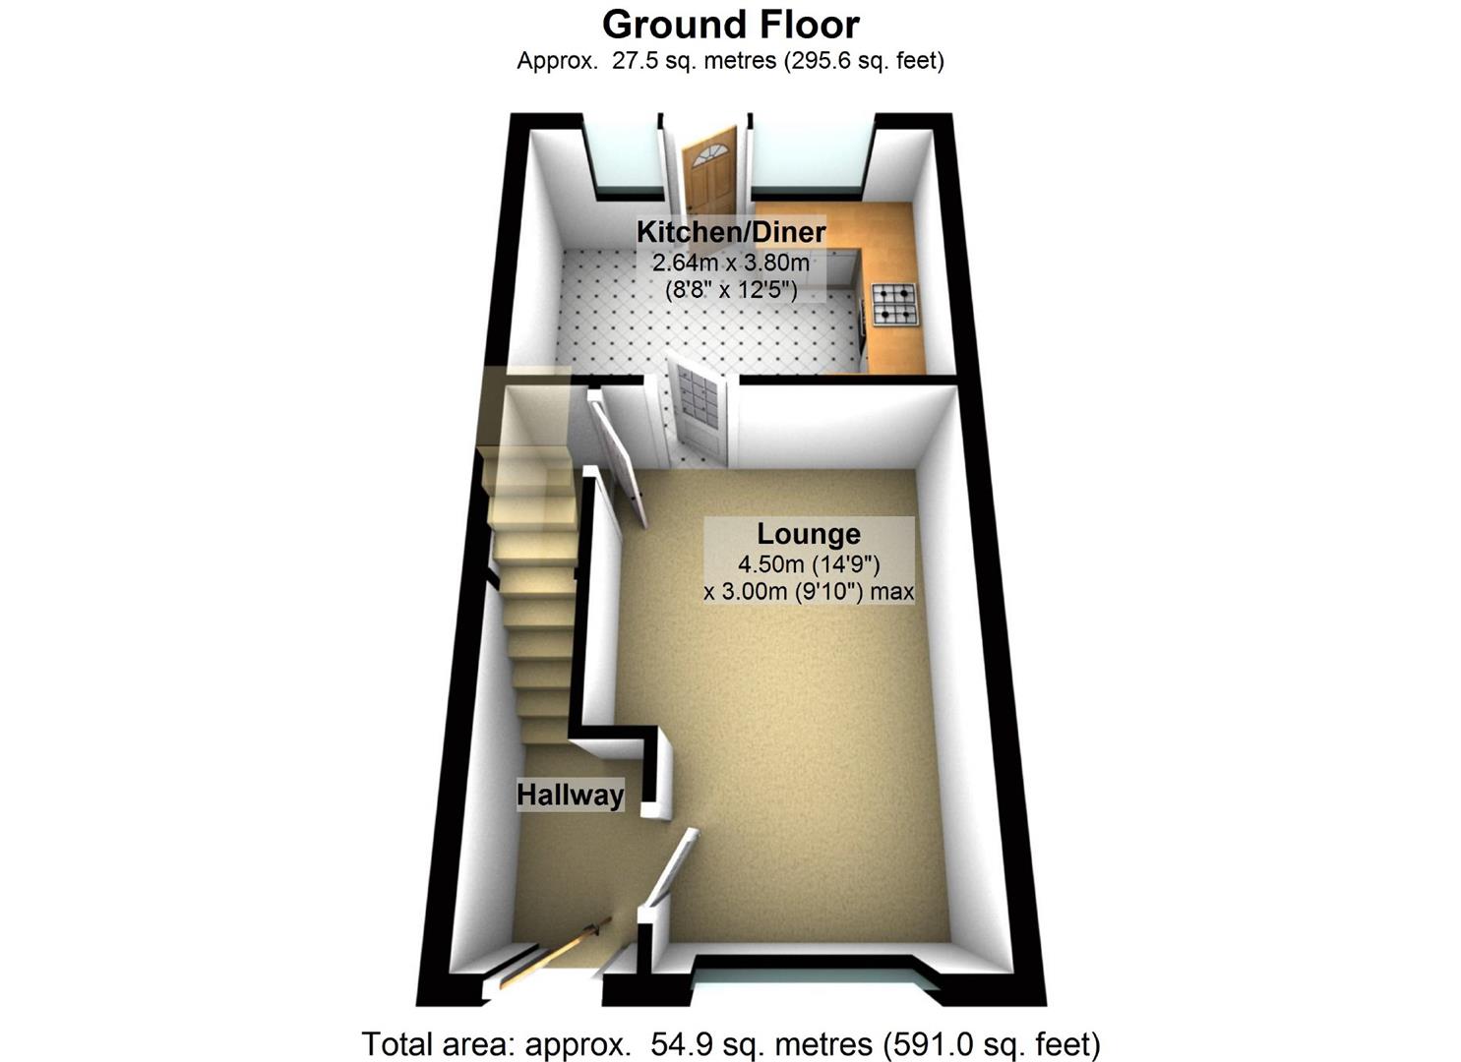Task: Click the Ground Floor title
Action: (730, 24)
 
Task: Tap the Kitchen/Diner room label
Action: (730, 232)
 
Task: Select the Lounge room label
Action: (809, 534)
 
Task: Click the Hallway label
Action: (571, 795)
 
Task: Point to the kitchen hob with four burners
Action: (893, 304)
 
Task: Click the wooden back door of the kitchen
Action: (709, 174)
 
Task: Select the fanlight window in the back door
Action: (708, 153)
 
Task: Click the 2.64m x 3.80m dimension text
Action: (730, 263)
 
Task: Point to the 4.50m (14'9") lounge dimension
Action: (809, 564)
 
